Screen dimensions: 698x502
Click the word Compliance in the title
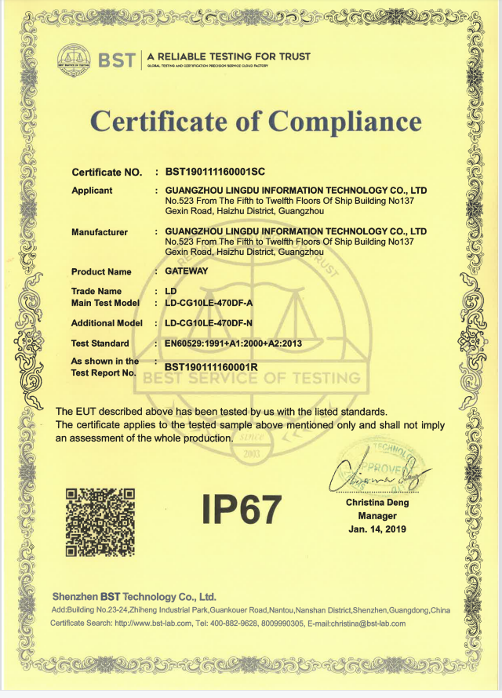345,121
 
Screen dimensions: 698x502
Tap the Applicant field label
92,191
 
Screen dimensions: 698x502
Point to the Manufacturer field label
100,232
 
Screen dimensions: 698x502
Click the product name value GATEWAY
187,271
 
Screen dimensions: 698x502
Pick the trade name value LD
171,291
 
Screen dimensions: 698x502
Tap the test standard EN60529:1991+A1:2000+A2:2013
233,344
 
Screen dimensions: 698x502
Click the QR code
100,521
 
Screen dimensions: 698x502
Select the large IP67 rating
241,509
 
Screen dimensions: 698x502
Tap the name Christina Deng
377,503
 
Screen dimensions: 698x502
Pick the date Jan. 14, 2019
377,529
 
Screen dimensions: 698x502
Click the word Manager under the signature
377,516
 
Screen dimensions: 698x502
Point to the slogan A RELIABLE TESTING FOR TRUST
228,56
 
